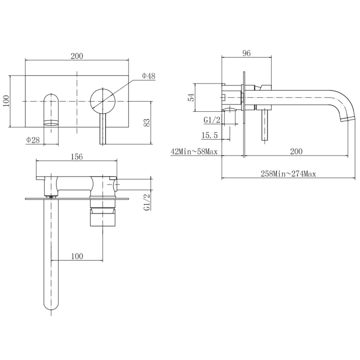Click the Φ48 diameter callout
148,76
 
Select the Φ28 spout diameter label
33,140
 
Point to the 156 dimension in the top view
77,156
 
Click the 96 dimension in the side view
247,54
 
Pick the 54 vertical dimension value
191,97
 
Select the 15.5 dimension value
209,136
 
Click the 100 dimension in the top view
77,256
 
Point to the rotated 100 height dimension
6,102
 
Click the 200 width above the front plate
77,56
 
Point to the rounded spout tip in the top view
51,304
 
